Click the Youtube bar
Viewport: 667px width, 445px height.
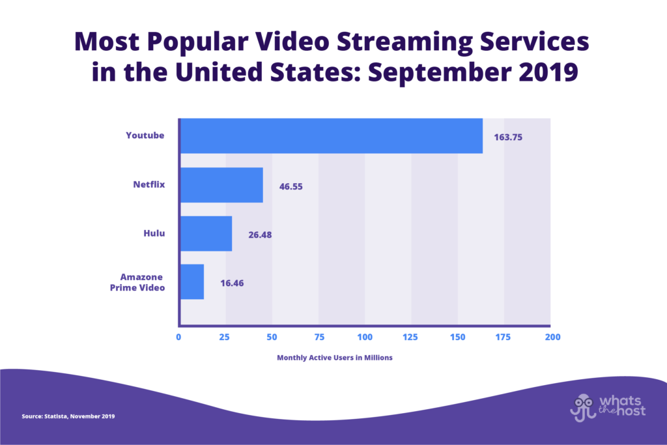pos(331,136)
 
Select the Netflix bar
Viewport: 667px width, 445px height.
pos(221,185)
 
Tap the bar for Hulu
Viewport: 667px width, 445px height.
pos(206,233)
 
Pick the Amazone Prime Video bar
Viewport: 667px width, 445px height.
pos(192,281)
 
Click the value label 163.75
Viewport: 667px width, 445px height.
pos(508,137)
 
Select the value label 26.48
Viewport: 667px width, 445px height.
pos(260,235)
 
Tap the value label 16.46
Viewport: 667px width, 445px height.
pos(232,283)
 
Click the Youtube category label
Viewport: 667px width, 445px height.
pos(145,136)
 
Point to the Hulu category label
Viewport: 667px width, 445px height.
pos(154,233)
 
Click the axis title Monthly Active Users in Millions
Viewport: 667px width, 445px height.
pos(335,358)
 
